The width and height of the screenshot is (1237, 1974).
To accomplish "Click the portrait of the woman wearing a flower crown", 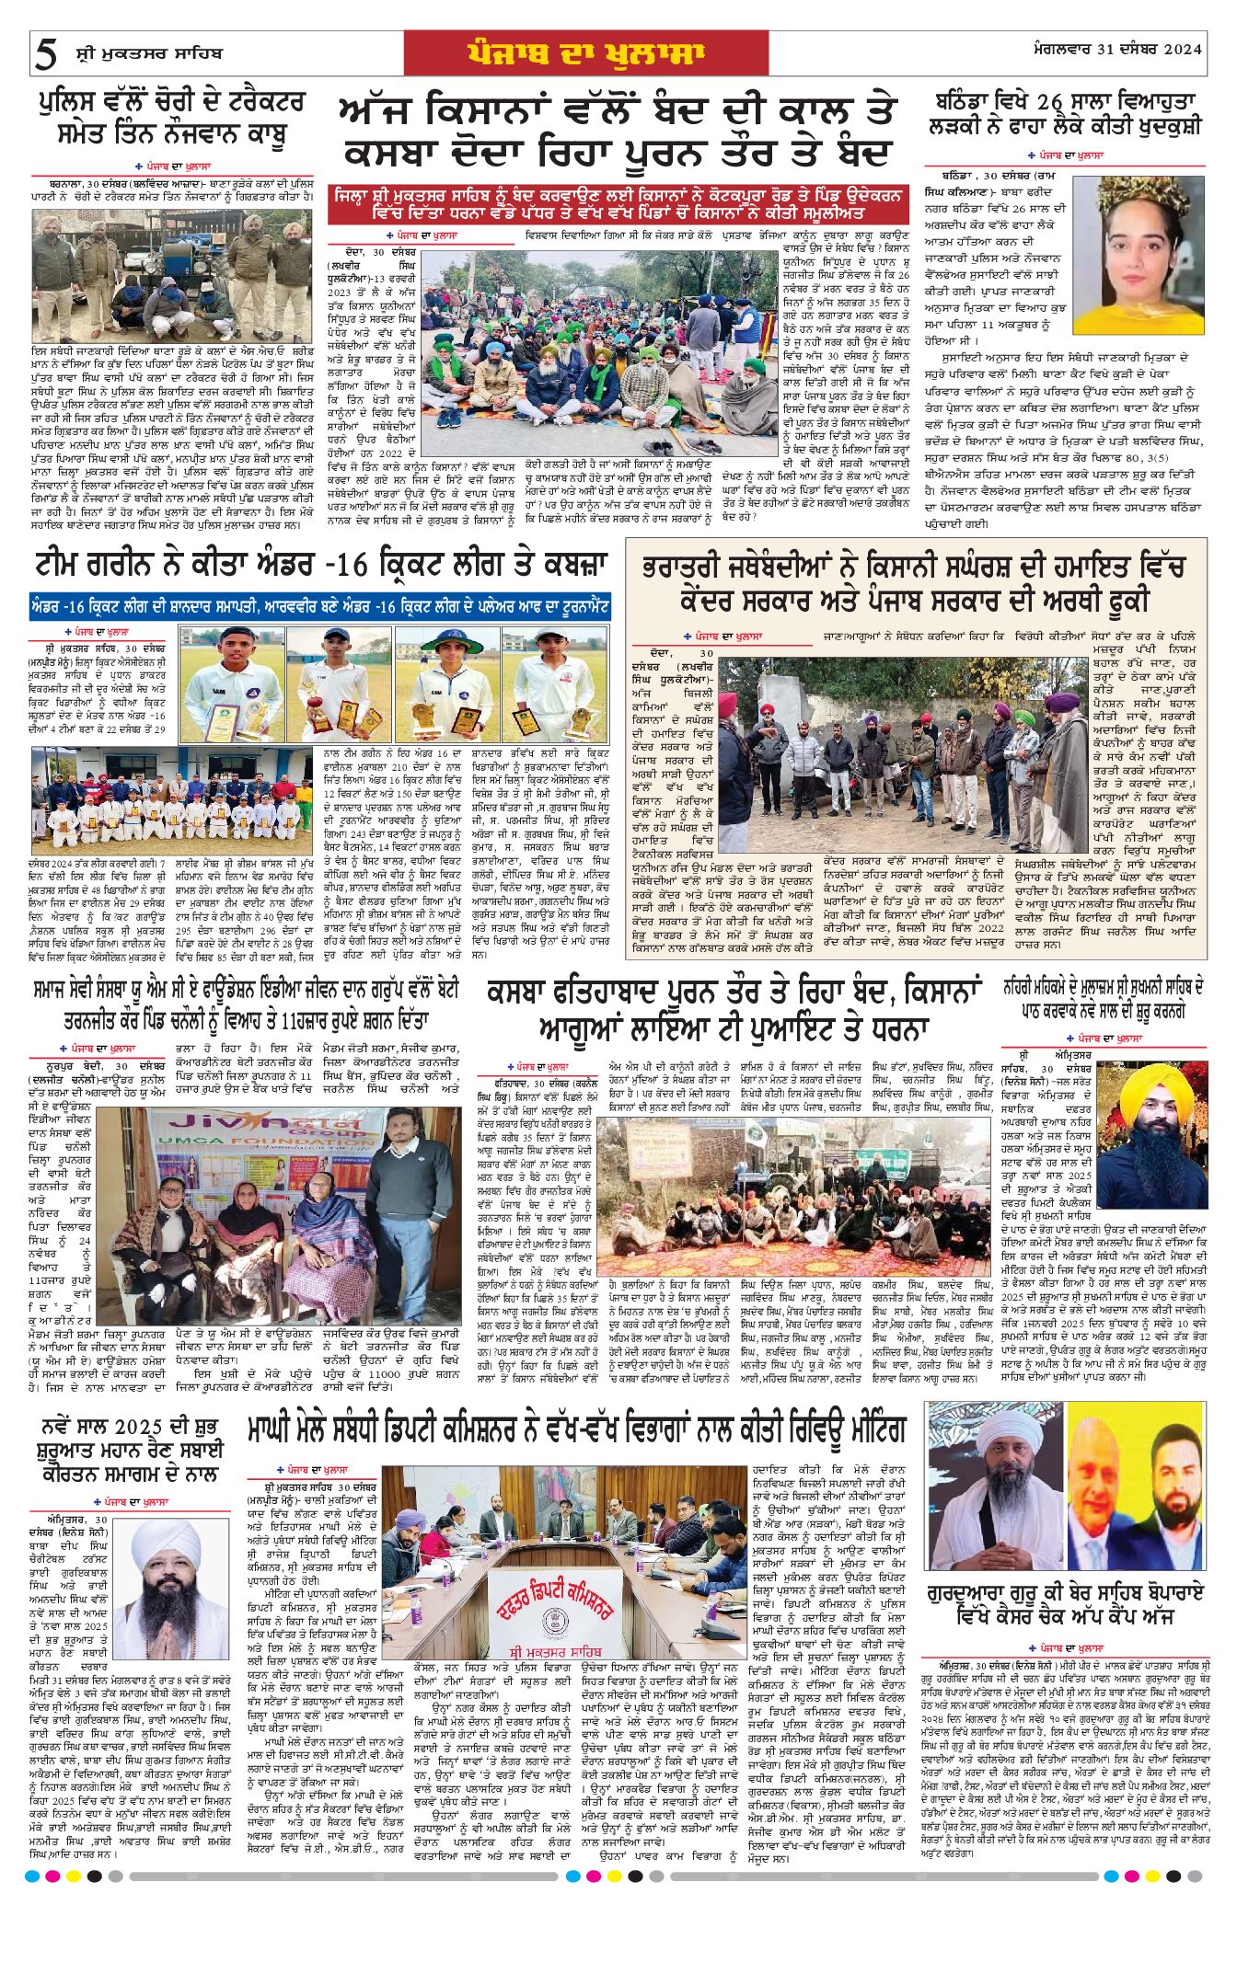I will (1150, 254).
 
